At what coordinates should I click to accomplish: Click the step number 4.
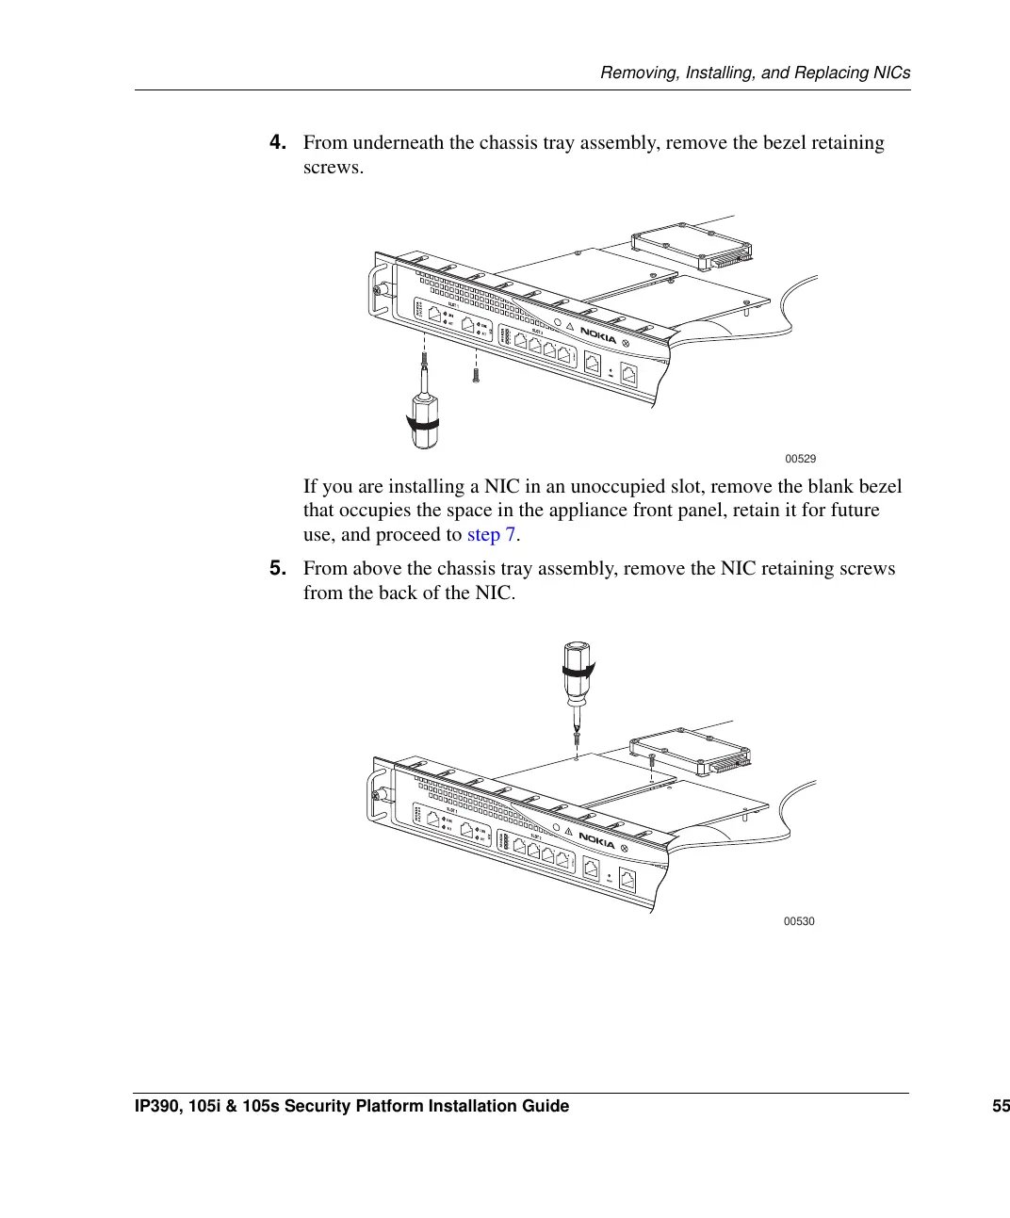point(277,142)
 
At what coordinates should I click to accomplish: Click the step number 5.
point(277,568)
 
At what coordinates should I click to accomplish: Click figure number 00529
point(800,459)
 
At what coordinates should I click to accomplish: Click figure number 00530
point(799,921)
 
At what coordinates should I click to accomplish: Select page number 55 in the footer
point(1000,1106)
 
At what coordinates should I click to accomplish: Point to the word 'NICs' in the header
point(891,73)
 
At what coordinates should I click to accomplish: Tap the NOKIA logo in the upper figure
point(598,334)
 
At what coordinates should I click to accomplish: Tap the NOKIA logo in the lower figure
point(596,839)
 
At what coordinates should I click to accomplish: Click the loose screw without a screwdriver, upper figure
point(477,375)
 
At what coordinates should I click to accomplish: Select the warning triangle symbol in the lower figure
point(569,832)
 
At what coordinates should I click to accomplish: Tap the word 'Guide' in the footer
point(546,1106)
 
